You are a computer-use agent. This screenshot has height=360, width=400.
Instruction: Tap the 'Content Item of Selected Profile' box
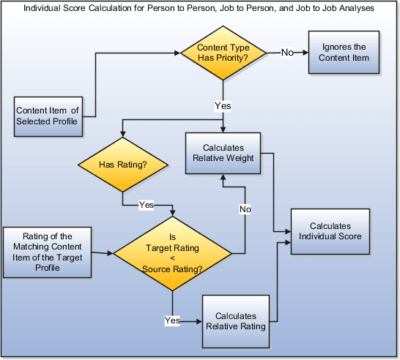(x=47, y=116)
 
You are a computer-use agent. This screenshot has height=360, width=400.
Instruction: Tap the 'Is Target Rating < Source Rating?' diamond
(x=173, y=253)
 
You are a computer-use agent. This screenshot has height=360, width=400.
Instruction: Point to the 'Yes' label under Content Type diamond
(x=223, y=105)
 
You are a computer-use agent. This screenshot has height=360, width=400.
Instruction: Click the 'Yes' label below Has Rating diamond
(x=147, y=205)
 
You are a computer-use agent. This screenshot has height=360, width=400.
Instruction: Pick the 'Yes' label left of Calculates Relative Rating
(x=172, y=320)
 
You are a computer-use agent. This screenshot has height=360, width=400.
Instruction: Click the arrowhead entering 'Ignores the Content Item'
(x=304, y=52)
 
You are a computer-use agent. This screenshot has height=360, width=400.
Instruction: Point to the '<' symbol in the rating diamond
(x=173, y=258)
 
